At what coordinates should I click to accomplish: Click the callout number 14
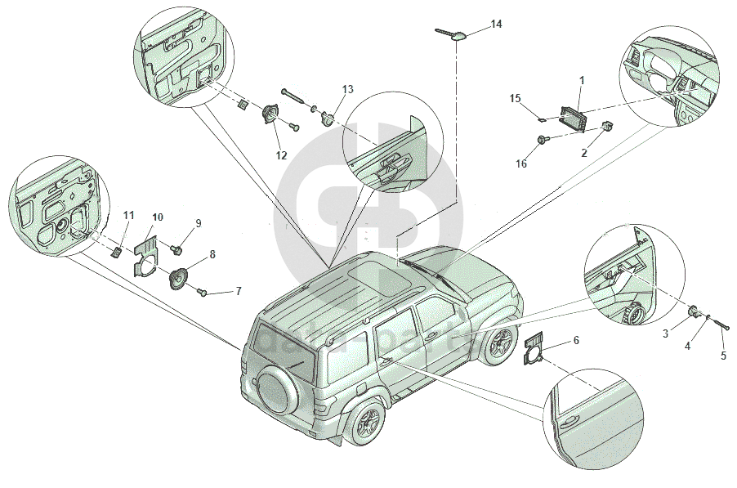496,25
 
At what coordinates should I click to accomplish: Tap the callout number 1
582,80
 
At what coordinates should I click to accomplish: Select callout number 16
521,163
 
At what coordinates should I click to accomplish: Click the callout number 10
158,217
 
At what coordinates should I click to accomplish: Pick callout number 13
348,88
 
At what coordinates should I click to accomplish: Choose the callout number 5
722,356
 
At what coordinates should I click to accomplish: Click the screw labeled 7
204,292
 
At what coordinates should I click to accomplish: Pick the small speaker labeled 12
269,115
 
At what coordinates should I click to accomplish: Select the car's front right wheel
497,346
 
